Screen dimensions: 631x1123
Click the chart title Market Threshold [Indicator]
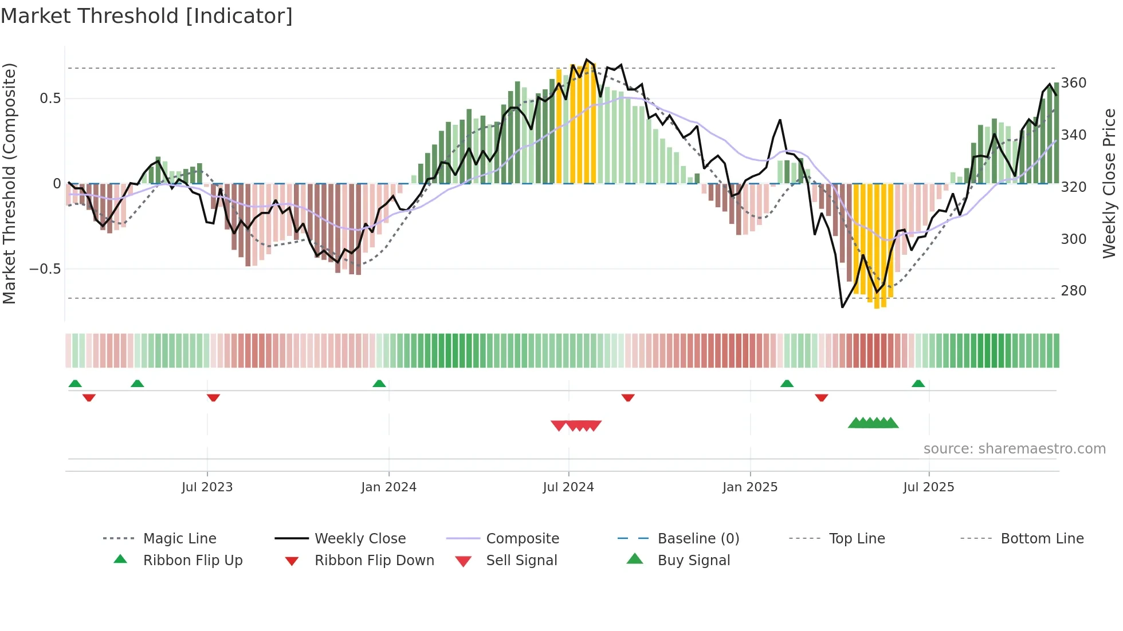(147, 16)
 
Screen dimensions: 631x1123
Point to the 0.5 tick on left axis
(50, 98)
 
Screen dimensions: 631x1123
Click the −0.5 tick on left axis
(45, 269)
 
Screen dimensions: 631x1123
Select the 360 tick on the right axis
(1073, 83)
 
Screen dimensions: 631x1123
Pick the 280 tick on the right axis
(1073, 291)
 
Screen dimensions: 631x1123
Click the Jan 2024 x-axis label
(388, 487)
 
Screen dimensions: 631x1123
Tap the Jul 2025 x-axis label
(928, 487)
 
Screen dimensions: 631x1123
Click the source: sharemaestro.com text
(1014, 449)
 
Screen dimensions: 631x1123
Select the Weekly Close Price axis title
(1110, 183)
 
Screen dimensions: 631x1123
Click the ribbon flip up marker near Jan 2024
(379, 384)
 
